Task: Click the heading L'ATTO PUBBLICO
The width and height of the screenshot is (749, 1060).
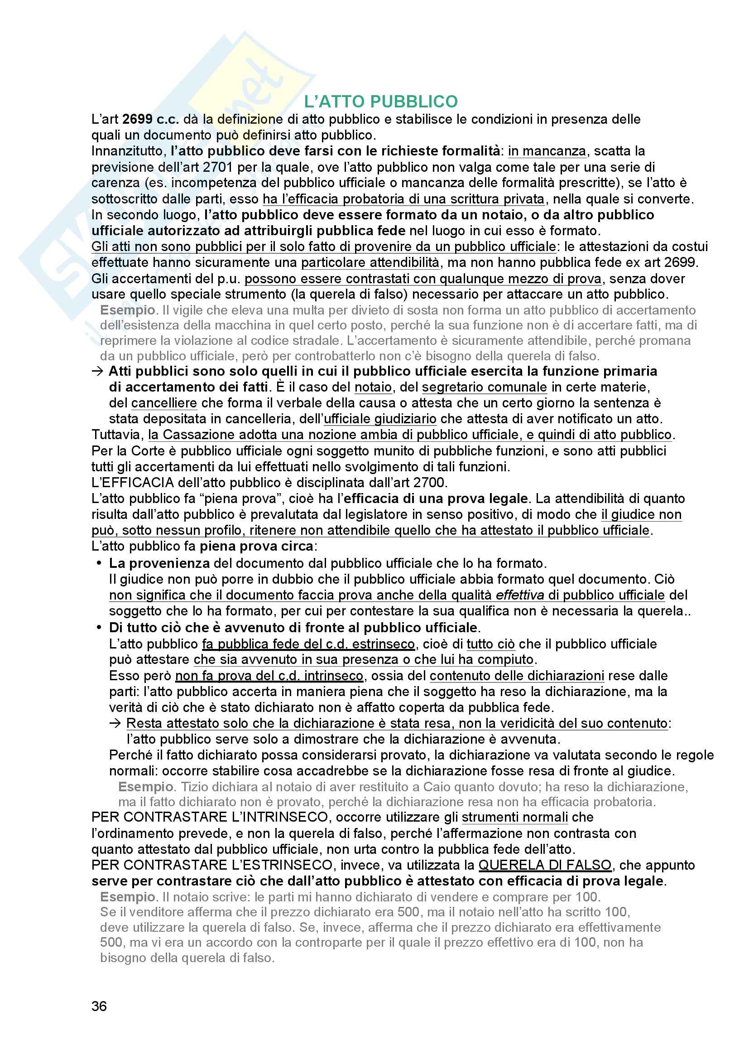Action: tap(381, 101)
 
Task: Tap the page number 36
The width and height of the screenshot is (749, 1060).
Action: tap(99, 1006)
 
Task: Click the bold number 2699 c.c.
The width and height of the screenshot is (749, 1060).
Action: tap(151, 119)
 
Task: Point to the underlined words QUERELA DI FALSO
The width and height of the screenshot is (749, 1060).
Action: tap(545, 865)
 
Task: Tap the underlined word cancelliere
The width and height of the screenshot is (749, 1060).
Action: tap(164, 403)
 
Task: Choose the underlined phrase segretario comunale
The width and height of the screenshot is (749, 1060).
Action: tap(484, 387)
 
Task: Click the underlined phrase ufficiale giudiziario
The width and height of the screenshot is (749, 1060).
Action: tap(380, 419)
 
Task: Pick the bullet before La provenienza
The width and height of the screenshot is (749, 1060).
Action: tap(99, 563)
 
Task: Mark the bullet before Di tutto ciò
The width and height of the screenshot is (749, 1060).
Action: tap(99, 627)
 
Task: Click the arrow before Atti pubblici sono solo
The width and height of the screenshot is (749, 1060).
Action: tap(97, 371)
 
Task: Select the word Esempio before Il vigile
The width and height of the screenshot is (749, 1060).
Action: tap(127, 310)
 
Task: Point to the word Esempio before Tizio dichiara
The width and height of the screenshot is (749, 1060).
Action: tap(146, 786)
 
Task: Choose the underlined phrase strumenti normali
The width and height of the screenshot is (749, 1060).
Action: tap(515, 817)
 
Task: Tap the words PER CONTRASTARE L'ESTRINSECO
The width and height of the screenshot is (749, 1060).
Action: tap(211, 865)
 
